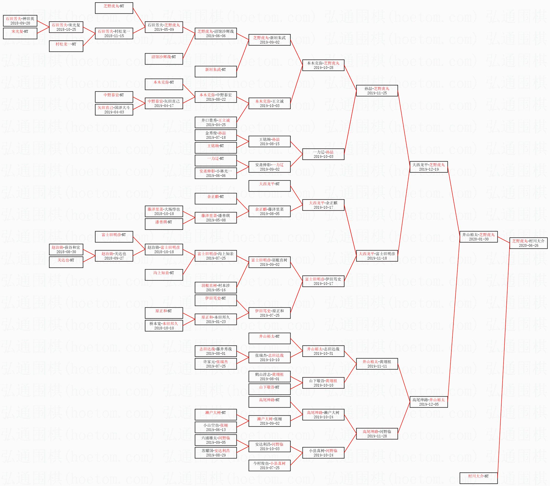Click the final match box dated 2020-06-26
pyautogui.click(x=528, y=243)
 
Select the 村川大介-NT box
pyautogui.click(x=478, y=478)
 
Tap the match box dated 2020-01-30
pyautogui.click(x=478, y=237)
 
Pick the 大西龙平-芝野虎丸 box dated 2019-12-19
pyautogui.click(x=429, y=167)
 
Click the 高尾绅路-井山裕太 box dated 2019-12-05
pyautogui.click(x=429, y=402)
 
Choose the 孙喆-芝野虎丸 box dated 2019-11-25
pyautogui.click(x=377, y=91)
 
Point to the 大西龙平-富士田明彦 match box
pyautogui.click(x=377, y=256)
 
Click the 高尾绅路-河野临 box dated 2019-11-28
pyautogui.click(x=377, y=433)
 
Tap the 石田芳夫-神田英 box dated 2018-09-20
pyautogui.click(x=20, y=21)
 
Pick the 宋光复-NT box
pyautogui.click(x=20, y=33)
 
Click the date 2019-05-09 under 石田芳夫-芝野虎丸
pyautogui.click(x=164, y=30)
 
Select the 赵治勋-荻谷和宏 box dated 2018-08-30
pyautogui.click(x=66, y=249)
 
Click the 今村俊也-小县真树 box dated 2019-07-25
pyautogui.click(x=269, y=465)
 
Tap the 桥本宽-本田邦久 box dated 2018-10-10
pyautogui.click(x=164, y=326)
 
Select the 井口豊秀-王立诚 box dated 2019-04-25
pyautogui.click(x=216, y=122)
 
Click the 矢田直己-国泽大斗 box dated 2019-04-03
pyautogui.click(x=114, y=110)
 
